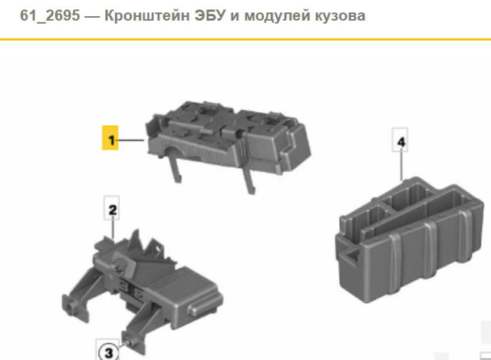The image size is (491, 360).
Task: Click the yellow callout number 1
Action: (110, 138)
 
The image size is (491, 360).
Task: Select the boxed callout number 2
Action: (112, 209)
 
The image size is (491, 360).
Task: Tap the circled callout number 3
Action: (108, 352)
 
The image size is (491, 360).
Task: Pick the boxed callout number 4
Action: (400, 140)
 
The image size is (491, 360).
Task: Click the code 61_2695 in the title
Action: (50, 15)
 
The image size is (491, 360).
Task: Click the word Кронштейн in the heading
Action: (147, 15)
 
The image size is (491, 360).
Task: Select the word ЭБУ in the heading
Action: (210, 15)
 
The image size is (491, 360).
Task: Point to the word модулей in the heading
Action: (277, 16)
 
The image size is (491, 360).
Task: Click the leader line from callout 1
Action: (131, 140)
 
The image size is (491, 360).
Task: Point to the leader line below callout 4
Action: (401, 167)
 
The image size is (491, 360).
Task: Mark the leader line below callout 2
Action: (113, 230)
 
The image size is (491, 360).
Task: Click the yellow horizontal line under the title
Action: (245, 39)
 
